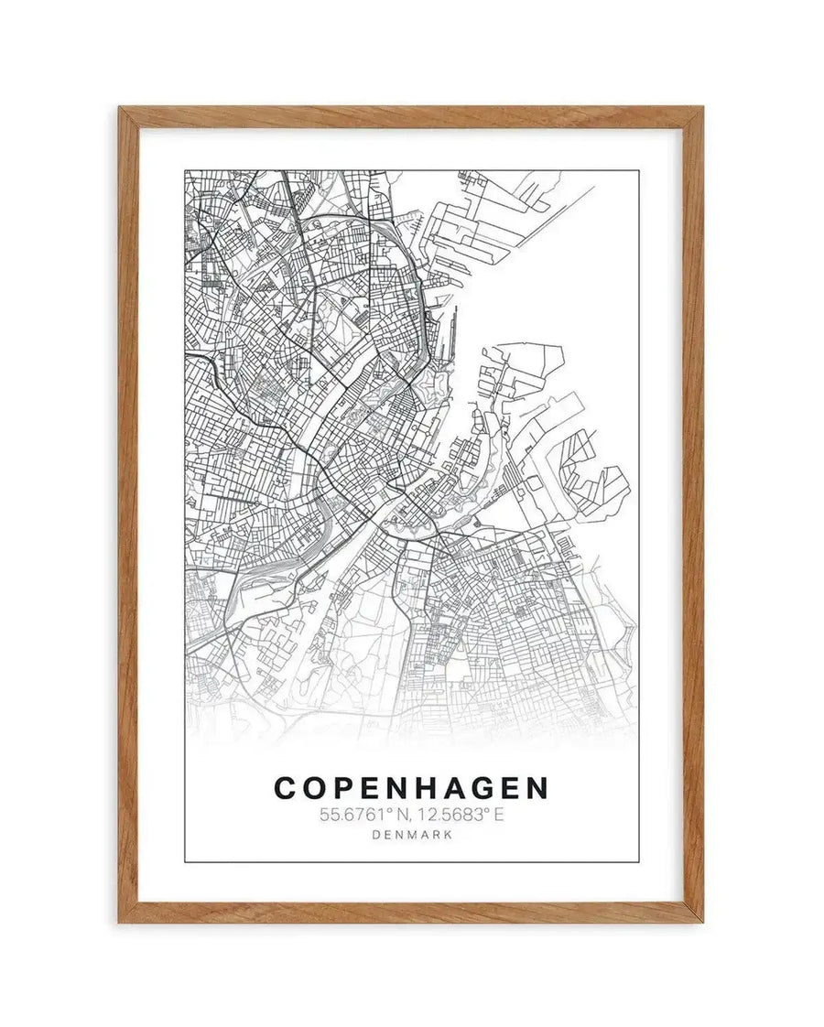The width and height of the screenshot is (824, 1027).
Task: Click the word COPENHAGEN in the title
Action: [x=411, y=788]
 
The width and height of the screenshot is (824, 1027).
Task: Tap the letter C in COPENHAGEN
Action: [x=286, y=788]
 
